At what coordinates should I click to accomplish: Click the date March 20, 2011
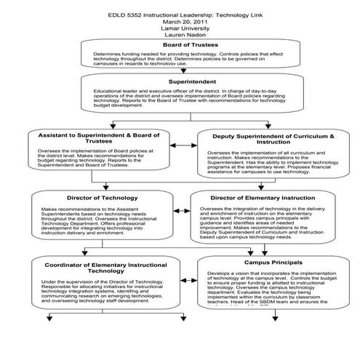coord(180,21)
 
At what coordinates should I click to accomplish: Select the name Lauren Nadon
coord(180,36)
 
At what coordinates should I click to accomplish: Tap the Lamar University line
coord(180,29)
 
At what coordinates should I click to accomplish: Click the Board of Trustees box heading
coord(180,46)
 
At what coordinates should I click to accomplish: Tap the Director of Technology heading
coord(100,198)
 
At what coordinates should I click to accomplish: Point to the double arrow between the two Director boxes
coord(182,209)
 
